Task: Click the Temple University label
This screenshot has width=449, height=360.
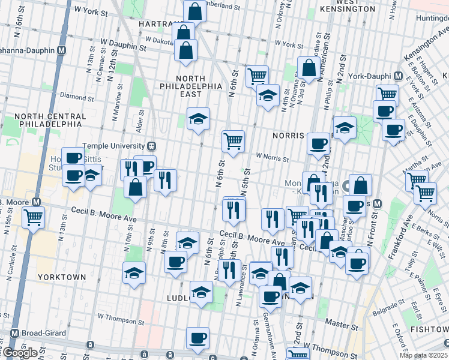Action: [114, 146]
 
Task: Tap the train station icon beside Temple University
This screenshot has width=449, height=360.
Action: [152, 146]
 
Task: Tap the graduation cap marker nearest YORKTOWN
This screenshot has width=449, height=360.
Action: [134, 273]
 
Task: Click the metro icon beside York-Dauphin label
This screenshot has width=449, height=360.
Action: [397, 77]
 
